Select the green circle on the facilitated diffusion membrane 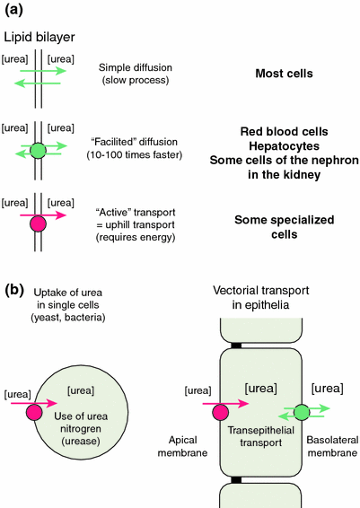click(37, 150)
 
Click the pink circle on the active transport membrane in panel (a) click(37, 223)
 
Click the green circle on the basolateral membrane click(302, 412)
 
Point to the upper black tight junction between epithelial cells click(260, 345)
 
